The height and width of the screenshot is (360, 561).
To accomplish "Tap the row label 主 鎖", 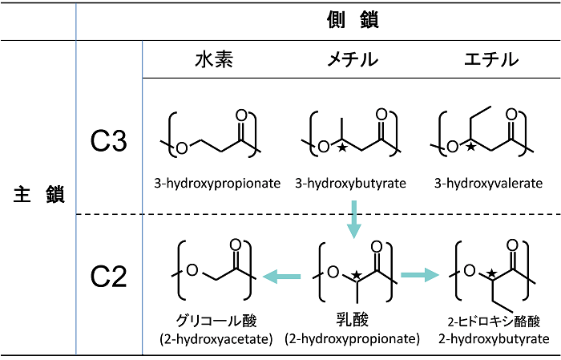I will point(38,194).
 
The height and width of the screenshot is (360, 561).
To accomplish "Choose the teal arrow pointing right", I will point(421,276).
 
